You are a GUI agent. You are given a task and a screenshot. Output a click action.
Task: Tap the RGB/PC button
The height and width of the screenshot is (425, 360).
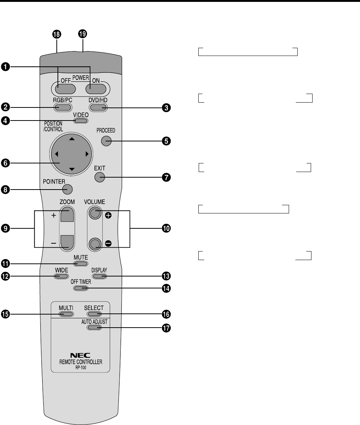[x=62, y=108]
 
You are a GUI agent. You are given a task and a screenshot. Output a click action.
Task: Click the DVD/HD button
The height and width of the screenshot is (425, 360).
[x=98, y=108]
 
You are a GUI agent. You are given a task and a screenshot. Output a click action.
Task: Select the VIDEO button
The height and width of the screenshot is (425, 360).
[x=81, y=121]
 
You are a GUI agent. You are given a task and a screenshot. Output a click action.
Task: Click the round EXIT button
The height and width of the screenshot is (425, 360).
[x=100, y=177]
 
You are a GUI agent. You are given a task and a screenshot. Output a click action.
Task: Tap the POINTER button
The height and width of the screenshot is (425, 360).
[x=67, y=189]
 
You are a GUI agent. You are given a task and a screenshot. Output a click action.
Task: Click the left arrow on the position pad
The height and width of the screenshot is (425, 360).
[x=57, y=154]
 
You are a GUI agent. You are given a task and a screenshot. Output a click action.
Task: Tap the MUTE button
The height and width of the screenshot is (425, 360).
[x=81, y=264]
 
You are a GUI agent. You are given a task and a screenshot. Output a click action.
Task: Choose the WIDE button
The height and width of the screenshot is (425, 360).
[x=61, y=276]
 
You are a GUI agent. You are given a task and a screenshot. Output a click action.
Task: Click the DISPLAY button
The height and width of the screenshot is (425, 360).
[x=99, y=276]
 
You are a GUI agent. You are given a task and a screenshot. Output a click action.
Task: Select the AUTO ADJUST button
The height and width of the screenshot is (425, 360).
[x=94, y=328]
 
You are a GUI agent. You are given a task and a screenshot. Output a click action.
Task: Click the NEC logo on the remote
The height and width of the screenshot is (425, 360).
[x=80, y=356]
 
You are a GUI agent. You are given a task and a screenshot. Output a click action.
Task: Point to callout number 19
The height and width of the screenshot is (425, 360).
[x=82, y=34]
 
